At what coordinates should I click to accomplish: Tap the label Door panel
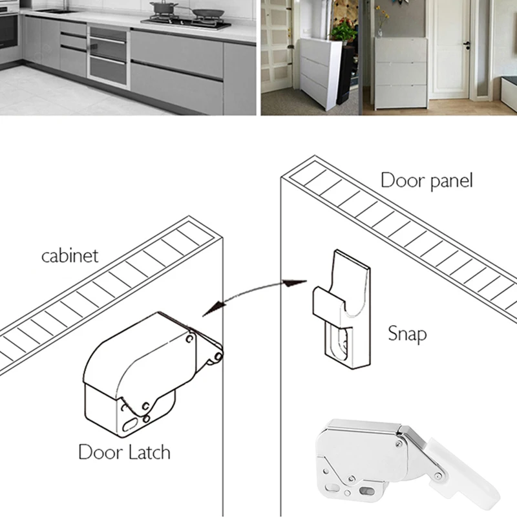(427, 180)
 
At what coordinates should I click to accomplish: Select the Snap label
(407, 333)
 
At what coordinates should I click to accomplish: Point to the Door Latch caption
(124, 450)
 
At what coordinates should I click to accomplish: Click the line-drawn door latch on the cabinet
(149, 372)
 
